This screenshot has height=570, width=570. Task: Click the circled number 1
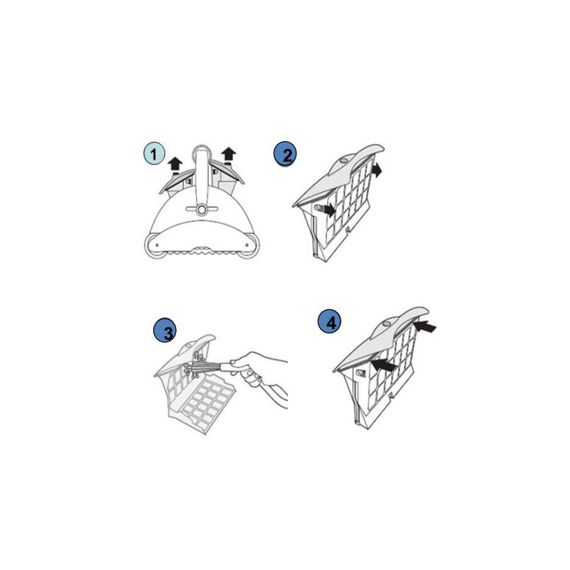154,153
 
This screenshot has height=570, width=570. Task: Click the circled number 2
285,153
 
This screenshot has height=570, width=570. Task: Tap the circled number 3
165,331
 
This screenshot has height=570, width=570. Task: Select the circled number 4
329,321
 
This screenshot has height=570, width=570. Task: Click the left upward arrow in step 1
175,165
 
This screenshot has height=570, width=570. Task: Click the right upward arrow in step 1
229,154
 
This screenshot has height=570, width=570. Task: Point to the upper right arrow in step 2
377,170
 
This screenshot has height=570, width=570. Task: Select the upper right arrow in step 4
425,326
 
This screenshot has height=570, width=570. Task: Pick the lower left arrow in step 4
383,365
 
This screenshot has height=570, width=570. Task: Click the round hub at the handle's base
202,209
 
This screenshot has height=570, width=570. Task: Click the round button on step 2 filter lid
343,161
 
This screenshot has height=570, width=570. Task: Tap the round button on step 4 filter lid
387,323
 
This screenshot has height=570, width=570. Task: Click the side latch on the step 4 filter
361,373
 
